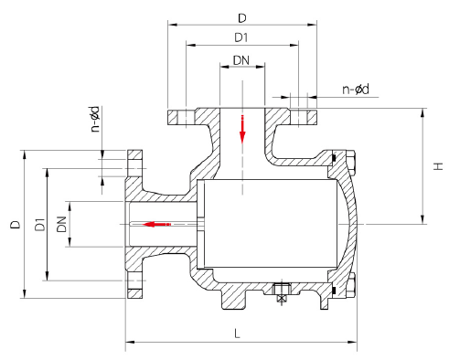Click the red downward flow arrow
(x=242, y=129)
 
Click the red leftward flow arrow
(x=156, y=225)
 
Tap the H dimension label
(x=438, y=166)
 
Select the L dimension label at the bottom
(x=237, y=334)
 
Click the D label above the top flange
(x=242, y=18)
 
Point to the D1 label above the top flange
(x=241, y=37)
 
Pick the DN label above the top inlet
(x=241, y=60)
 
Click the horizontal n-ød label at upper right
(x=356, y=90)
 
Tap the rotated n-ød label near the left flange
(x=95, y=119)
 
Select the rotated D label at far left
(x=16, y=225)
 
